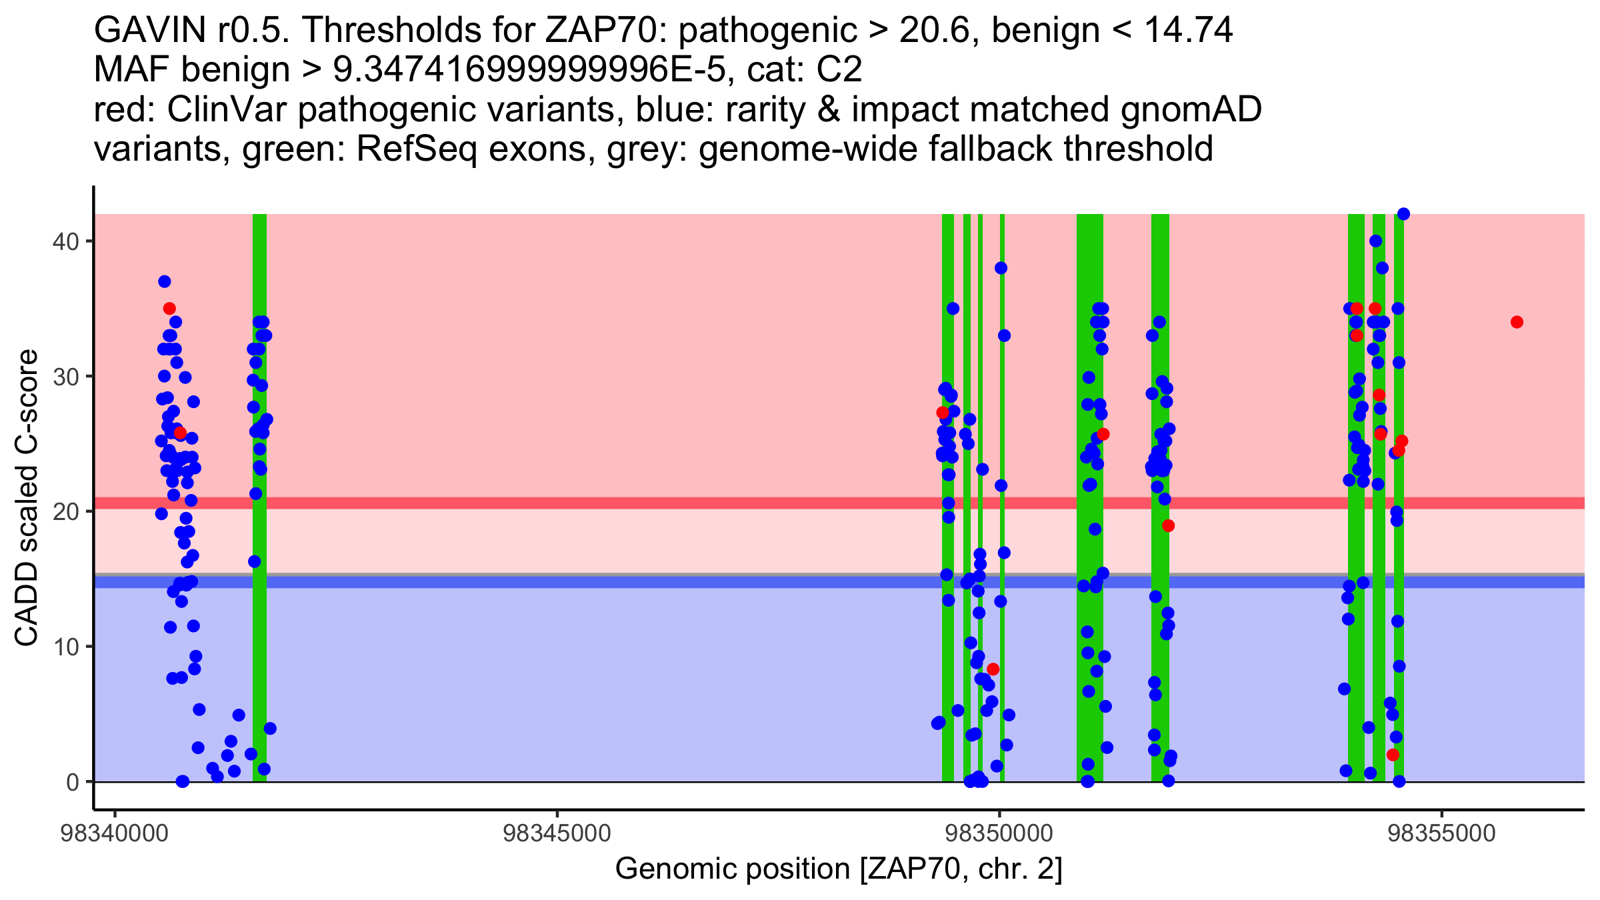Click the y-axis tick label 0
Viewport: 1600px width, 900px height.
tap(72, 782)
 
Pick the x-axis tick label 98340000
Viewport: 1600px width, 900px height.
tap(114, 834)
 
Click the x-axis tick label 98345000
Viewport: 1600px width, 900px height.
tap(557, 834)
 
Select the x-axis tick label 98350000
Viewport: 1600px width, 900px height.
tap(999, 834)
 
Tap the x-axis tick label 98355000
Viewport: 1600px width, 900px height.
tap(1442, 834)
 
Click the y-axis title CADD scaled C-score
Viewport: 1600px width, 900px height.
tap(27, 499)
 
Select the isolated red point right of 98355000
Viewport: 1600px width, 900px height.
tap(1517, 322)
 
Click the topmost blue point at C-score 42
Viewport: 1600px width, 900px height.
tap(1403, 214)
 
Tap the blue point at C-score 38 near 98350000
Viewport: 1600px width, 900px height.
tap(1001, 268)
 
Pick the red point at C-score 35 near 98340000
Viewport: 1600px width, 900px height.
tap(169, 309)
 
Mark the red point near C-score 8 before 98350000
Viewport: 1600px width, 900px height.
tap(993, 669)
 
